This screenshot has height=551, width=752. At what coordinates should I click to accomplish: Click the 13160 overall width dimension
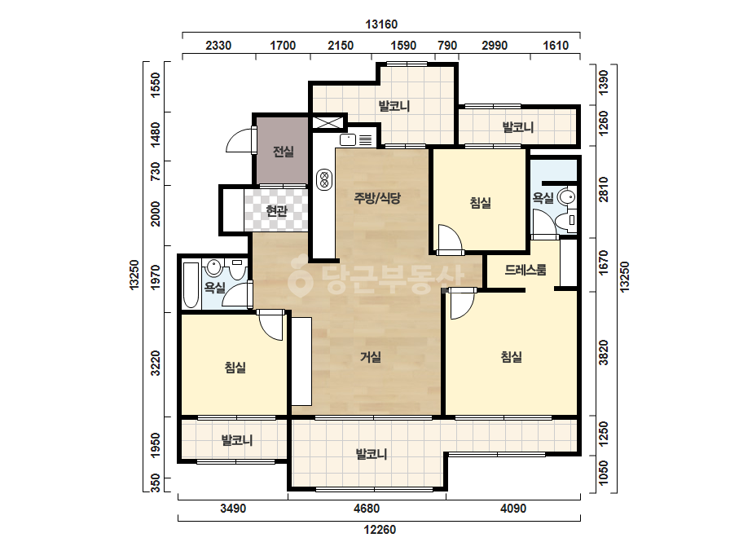pyautogui.click(x=381, y=24)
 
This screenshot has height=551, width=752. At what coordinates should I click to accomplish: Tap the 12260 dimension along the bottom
pyautogui.click(x=380, y=530)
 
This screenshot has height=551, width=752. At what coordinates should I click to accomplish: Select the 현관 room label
pyautogui.click(x=277, y=210)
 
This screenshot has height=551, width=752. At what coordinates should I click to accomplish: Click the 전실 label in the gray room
pyautogui.click(x=283, y=152)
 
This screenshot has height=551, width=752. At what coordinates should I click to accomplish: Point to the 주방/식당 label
pyautogui.click(x=377, y=198)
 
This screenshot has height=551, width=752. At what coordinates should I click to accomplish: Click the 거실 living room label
pyautogui.click(x=371, y=357)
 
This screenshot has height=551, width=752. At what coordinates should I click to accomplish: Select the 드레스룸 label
pyautogui.click(x=526, y=270)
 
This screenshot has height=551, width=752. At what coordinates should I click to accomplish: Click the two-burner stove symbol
pyautogui.click(x=324, y=180)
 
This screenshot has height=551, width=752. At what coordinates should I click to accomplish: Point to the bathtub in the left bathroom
pyautogui.click(x=191, y=285)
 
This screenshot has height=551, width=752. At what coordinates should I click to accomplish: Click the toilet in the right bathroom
pyautogui.click(x=566, y=220)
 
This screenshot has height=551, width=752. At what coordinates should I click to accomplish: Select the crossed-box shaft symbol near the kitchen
pyautogui.click(x=328, y=122)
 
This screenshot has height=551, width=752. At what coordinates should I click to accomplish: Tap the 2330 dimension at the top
pyautogui.click(x=218, y=46)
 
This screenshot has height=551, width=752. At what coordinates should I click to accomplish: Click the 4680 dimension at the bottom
pyautogui.click(x=367, y=509)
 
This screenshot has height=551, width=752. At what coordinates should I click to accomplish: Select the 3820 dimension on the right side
pyautogui.click(x=604, y=353)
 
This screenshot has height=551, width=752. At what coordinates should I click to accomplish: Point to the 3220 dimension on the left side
pyautogui.click(x=156, y=363)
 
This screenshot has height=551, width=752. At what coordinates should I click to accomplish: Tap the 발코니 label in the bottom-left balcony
pyautogui.click(x=237, y=440)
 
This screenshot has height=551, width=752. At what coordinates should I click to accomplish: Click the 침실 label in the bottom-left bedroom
pyautogui.click(x=235, y=368)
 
